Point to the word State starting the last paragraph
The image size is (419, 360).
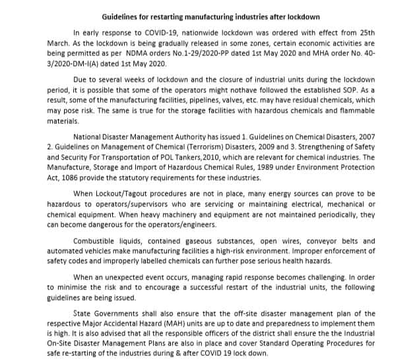(83, 315)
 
